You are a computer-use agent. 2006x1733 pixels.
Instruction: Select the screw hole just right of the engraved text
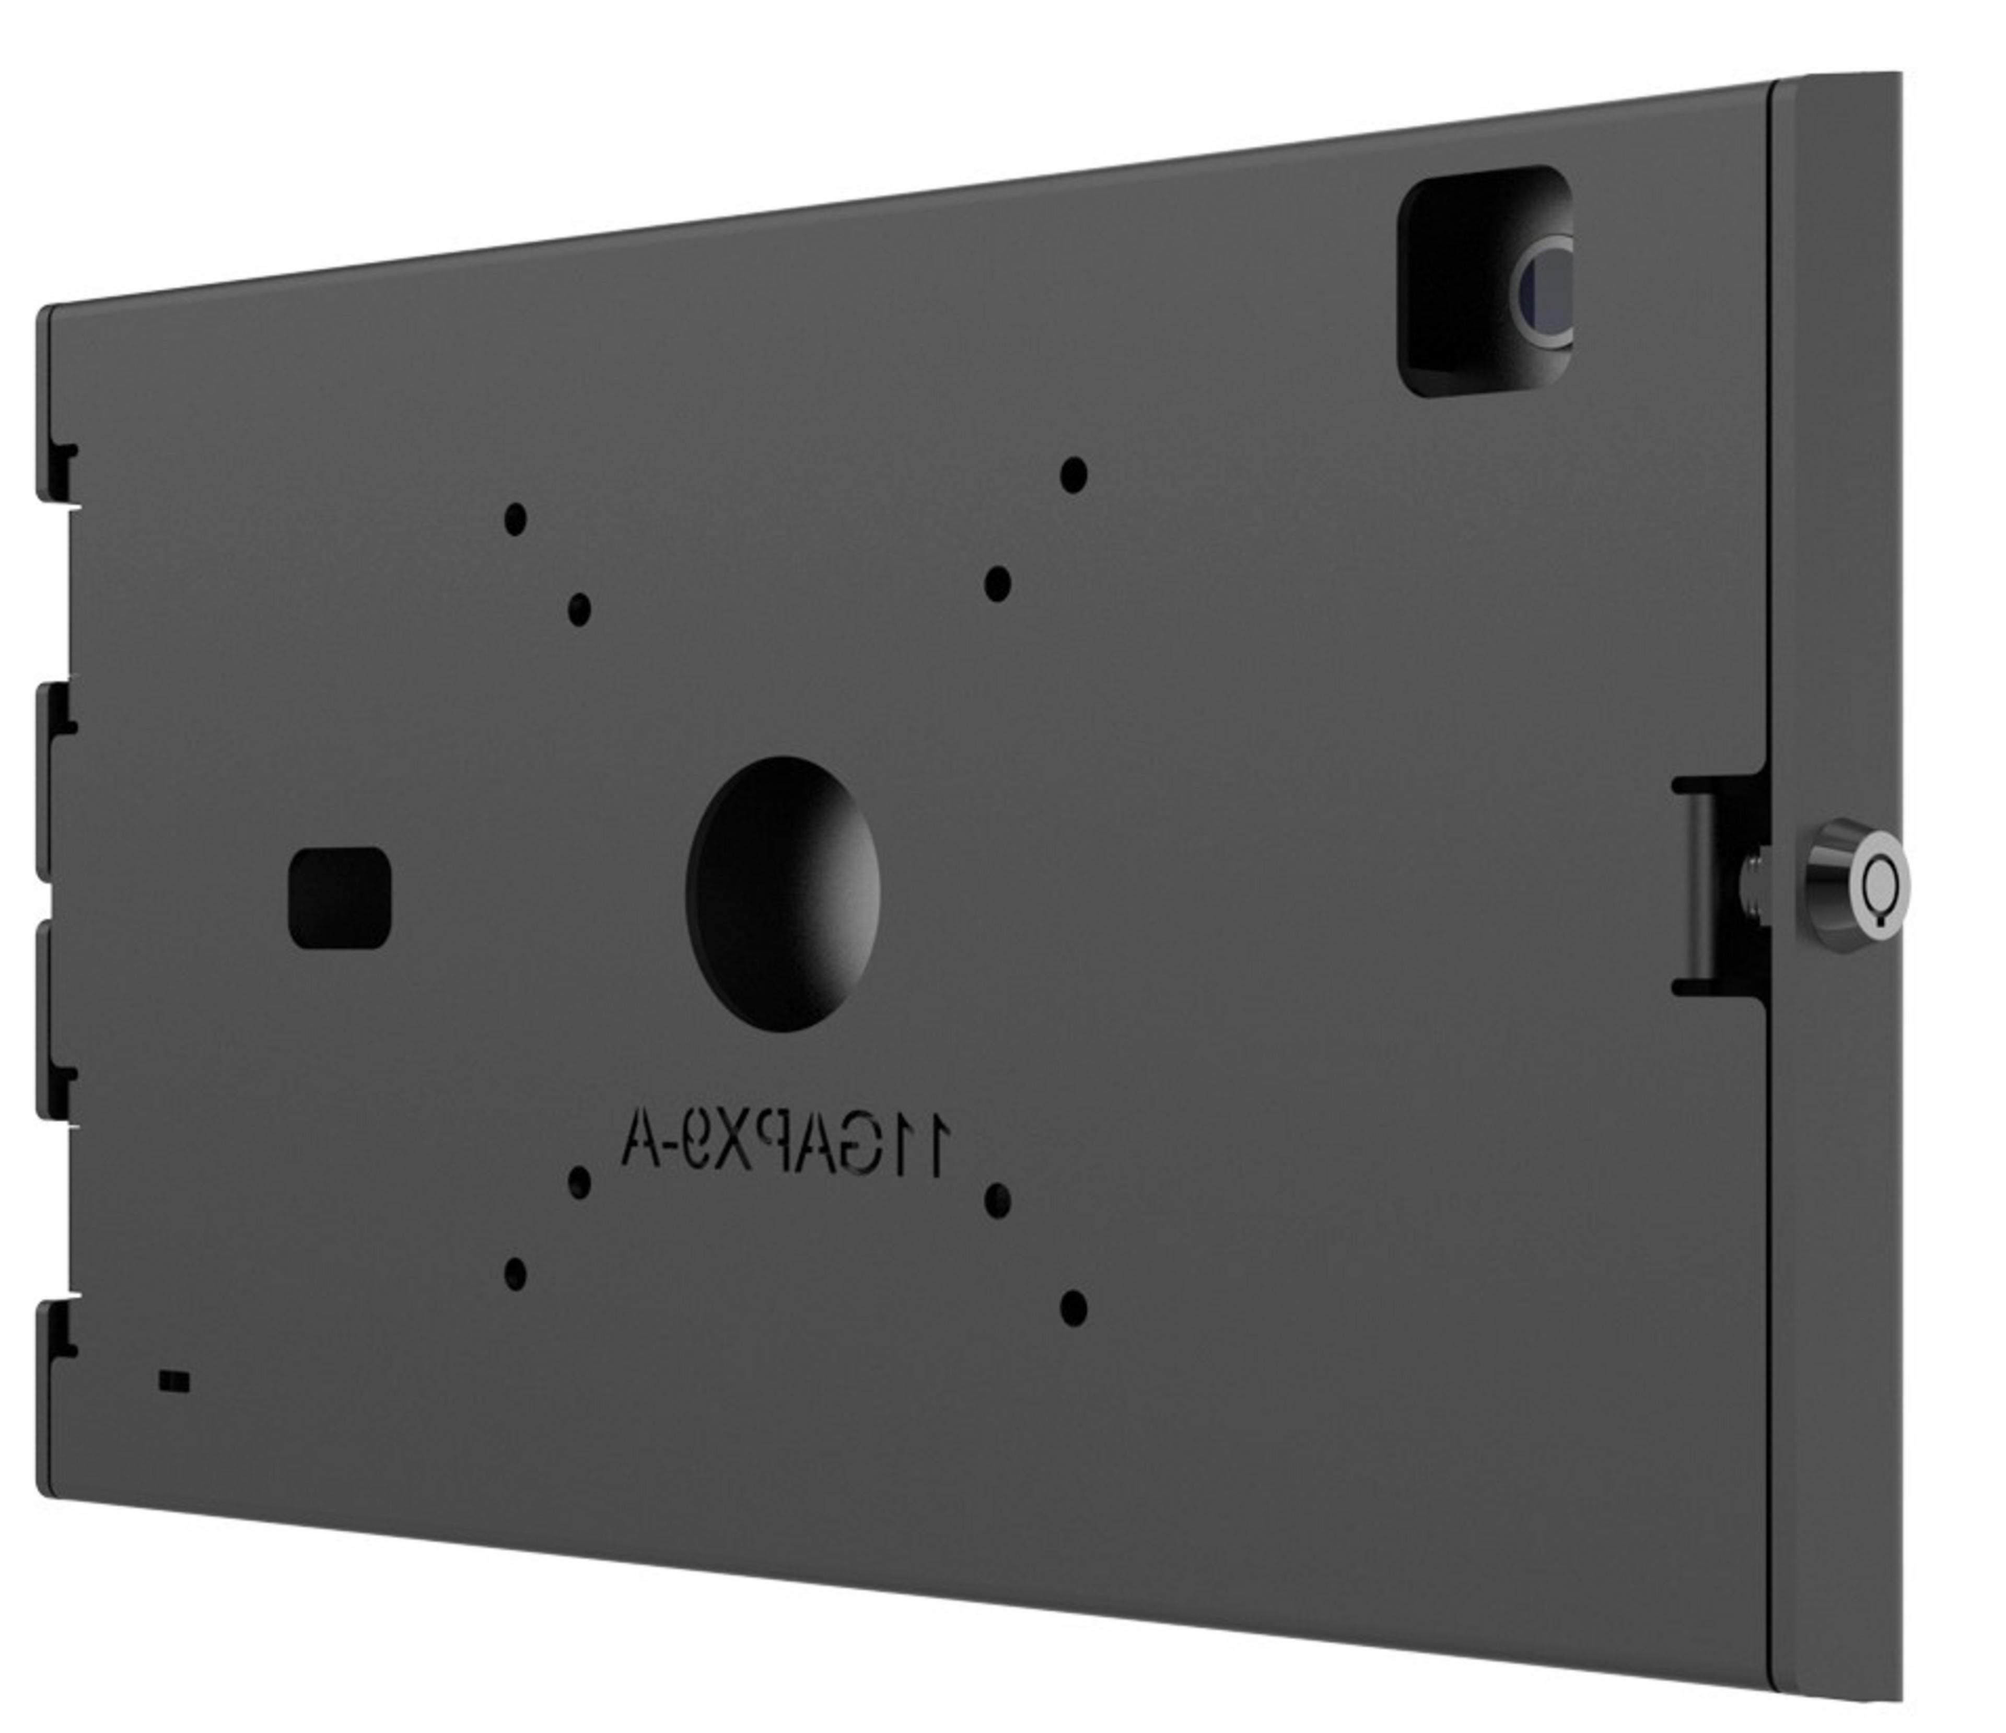997,1201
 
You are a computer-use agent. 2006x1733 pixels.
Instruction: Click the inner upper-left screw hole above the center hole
579,609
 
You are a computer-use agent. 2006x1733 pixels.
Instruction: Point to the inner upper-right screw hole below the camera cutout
997,584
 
